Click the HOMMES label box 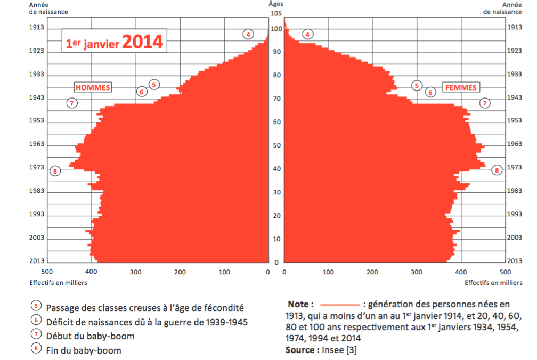(92, 87)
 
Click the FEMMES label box (460, 87)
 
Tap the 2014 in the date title (142, 43)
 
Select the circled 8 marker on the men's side (55, 171)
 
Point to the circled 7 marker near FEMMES (485, 103)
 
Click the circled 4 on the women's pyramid (307, 35)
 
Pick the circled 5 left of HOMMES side (153, 84)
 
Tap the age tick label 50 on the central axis (276, 145)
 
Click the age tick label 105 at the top (276, 13)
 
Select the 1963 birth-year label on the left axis (37, 144)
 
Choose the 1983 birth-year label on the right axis (515, 191)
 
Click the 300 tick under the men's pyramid (135, 272)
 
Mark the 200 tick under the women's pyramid (372, 272)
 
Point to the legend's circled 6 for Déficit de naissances (36, 321)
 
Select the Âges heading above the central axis (276, 4)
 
